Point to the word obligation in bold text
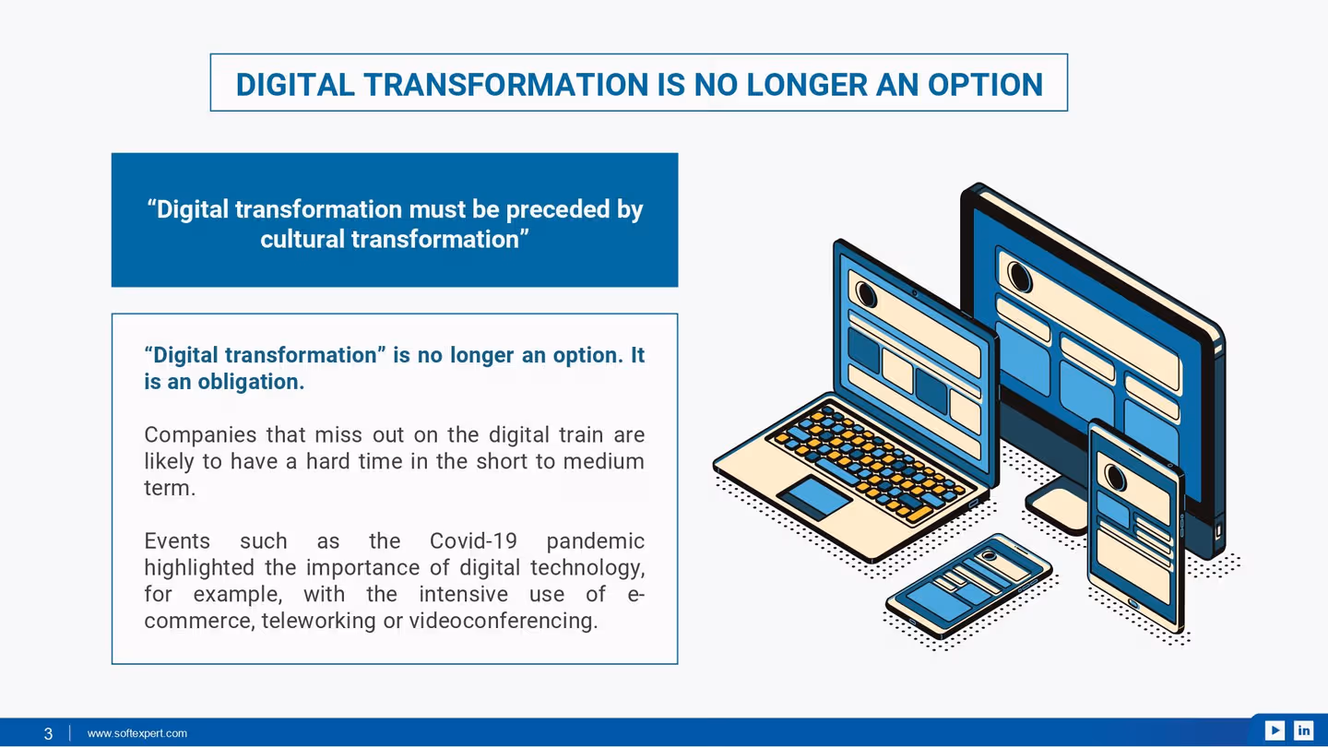[x=250, y=381]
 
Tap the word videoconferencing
[x=503, y=621]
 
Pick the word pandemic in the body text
[x=595, y=540]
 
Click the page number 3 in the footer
[x=48, y=734]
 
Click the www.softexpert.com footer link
[x=137, y=733]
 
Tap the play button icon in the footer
[x=1275, y=730]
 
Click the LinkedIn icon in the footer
[x=1303, y=730]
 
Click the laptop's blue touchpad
[x=814, y=496]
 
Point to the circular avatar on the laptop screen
[x=866, y=293]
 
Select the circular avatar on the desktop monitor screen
[x=1019, y=275]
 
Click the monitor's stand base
[x=1058, y=509]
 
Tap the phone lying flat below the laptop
[x=968, y=586]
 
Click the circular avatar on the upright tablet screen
[x=1116, y=477]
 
